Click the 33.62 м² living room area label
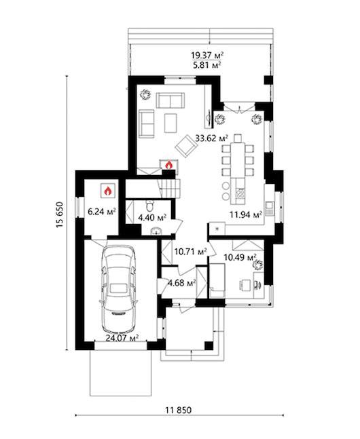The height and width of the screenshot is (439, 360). tap(211, 138)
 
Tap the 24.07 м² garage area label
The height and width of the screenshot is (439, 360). tap(122, 338)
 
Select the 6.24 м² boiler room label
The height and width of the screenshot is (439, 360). tap(102, 212)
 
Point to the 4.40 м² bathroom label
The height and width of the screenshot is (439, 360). tap(152, 218)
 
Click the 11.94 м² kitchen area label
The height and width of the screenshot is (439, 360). tap(246, 215)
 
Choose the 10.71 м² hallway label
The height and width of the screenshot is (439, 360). tap(191, 252)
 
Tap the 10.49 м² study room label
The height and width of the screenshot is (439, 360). tap(240, 257)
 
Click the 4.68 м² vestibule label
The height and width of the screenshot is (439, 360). tap(181, 283)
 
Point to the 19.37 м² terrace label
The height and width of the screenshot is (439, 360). tap(207, 56)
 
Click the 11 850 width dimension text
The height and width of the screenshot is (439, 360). tap(179, 411)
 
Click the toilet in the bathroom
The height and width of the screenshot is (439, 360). tap(150, 206)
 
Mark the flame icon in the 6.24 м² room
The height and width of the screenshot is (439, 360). tap(108, 191)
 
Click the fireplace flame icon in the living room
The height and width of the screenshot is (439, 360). tap(168, 165)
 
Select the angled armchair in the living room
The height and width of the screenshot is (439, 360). tap(186, 146)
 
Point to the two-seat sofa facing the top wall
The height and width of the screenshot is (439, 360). tap(170, 100)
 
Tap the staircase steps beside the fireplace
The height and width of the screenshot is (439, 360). tap(170, 189)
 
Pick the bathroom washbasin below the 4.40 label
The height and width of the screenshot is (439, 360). tap(156, 231)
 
